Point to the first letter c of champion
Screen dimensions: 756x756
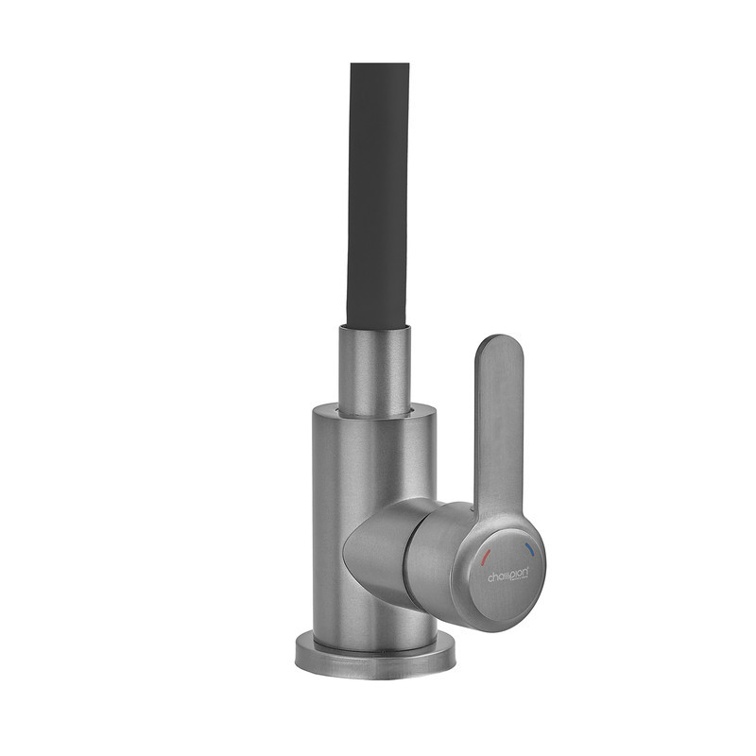(490, 577)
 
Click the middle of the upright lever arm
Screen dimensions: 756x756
(498, 425)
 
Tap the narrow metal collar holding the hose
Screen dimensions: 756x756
(375, 369)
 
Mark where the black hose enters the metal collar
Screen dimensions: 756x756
(375, 326)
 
